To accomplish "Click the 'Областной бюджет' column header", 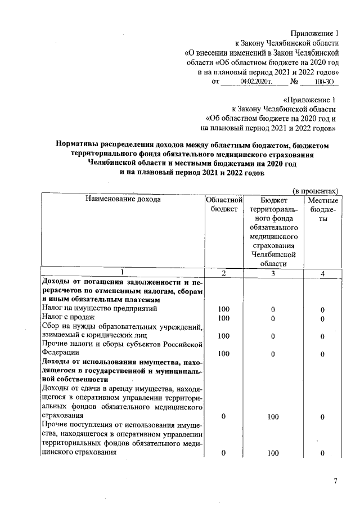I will tap(224, 205).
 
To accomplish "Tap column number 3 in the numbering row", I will tap(273, 273).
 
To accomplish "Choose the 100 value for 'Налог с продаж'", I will tap(224, 318).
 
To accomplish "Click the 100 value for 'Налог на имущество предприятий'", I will tap(224, 309).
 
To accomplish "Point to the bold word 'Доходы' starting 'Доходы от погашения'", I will tap(56, 281).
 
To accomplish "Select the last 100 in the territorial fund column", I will tap(273, 454).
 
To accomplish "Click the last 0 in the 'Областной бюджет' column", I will tap(224, 454).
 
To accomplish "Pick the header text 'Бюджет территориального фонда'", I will tap(273, 214).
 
